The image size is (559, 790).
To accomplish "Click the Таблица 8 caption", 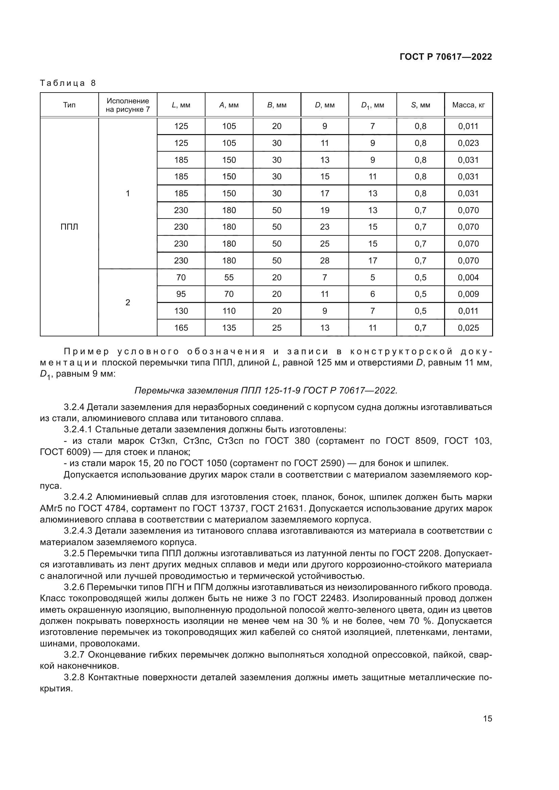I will point(68,83).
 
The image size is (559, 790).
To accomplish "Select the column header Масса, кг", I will point(468,105).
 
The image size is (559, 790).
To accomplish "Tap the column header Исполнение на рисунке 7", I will point(128,105).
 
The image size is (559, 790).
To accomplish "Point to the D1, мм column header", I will point(372,105).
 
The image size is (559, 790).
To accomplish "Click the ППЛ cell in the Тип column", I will point(69,227).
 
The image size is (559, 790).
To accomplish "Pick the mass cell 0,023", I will point(468,143).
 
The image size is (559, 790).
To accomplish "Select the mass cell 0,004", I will point(468,277).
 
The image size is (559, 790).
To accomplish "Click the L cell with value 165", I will point(181,328).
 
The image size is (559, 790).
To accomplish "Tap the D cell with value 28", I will point(324,260).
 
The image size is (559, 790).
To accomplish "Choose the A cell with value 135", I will point(229,328).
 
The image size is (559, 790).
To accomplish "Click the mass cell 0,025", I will point(468,328).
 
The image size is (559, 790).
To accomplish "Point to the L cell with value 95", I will point(181,294).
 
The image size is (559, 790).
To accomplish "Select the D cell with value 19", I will point(324,210).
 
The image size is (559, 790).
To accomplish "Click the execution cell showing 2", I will point(128,302).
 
